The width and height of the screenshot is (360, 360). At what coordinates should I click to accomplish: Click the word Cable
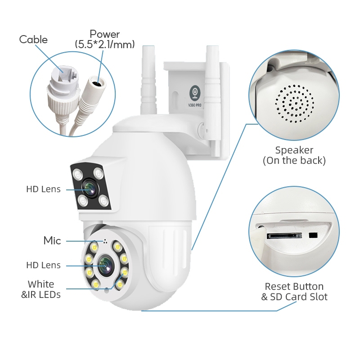(33, 40)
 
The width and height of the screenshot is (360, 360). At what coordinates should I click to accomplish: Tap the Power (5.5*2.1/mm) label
(105, 39)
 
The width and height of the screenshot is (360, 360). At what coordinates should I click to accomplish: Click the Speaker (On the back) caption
(294, 155)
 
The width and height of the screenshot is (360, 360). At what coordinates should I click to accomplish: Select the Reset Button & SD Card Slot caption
(294, 291)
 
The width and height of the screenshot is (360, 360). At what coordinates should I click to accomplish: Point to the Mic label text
(52, 240)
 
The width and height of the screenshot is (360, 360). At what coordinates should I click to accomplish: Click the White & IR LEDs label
(41, 289)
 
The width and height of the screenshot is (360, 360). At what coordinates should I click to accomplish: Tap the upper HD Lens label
(43, 189)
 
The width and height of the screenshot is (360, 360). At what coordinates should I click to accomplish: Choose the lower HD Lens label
(43, 265)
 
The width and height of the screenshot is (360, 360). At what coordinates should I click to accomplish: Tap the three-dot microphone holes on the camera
(105, 241)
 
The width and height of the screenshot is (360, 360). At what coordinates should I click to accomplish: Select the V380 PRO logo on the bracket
(195, 96)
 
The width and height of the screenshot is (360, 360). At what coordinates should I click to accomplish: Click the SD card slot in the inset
(284, 236)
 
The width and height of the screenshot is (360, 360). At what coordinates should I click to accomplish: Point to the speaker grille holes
(295, 103)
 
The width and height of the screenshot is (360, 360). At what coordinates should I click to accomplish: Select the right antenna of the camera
(213, 96)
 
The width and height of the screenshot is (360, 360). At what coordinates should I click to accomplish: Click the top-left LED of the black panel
(78, 174)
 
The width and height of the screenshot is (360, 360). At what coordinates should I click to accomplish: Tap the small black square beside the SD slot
(313, 235)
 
